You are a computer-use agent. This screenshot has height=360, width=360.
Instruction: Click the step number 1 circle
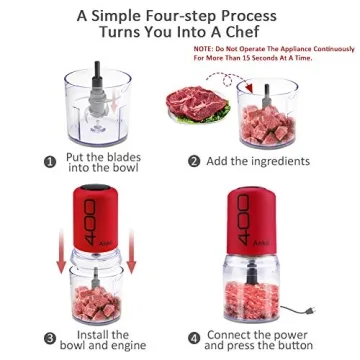pos(48,161)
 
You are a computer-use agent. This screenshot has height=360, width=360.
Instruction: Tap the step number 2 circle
pos(197,160)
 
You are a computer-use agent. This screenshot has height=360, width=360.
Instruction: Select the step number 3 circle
pos(48,336)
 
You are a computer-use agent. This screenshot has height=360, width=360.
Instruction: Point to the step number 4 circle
pos(196,336)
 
